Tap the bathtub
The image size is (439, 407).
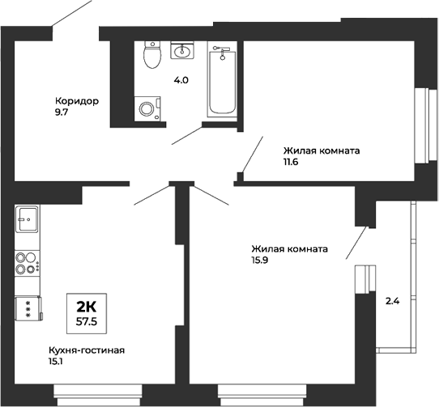click(220, 81)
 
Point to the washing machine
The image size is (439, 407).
click(147, 108)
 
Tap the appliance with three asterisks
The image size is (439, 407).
click(27, 308)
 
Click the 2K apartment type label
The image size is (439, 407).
click(87, 306)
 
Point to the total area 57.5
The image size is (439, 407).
click(87, 321)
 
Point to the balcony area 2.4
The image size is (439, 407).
click(393, 301)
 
